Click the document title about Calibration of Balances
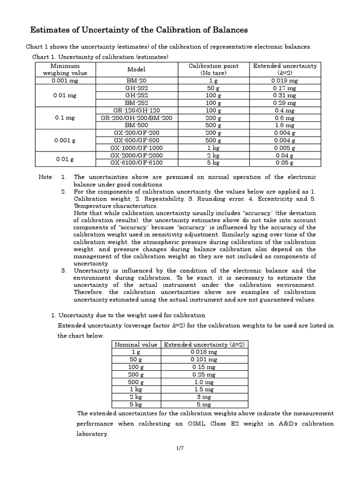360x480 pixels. click(x=139, y=30)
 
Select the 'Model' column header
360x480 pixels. click(x=136, y=69)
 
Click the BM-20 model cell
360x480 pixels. click(x=136, y=81)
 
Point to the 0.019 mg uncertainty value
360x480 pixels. click(x=285, y=81)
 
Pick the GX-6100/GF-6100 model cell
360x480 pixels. click(x=136, y=163)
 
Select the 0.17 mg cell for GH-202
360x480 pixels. click(x=285, y=88)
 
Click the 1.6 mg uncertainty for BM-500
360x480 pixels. click(x=285, y=126)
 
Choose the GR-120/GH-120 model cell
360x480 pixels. click(x=136, y=111)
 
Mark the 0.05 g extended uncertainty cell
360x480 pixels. click(x=285, y=163)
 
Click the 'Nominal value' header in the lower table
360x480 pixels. click(x=136, y=345)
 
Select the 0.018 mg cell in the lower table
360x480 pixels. click(x=204, y=352)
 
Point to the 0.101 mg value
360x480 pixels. click(x=204, y=360)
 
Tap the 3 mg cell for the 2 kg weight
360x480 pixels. click(x=204, y=397)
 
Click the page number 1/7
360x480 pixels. click(x=180, y=449)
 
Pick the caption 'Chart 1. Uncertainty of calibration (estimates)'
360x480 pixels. click(x=100, y=57)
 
